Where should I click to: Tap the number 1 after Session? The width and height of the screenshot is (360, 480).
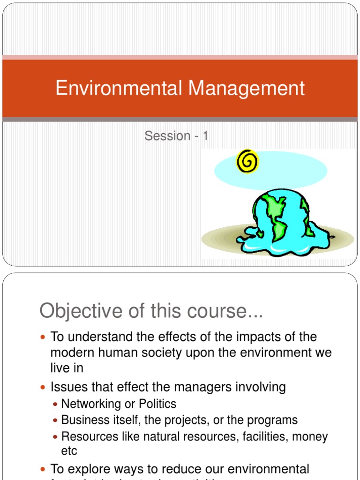click(x=205, y=136)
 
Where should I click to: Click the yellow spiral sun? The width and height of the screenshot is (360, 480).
click(x=247, y=162)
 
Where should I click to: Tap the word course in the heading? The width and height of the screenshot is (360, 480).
click(x=227, y=311)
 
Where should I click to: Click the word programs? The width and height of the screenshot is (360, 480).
click(x=274, y=420)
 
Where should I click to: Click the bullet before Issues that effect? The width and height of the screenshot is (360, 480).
click(x=44, y=388)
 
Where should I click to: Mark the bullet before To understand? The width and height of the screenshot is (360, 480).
click(x=44, y=337)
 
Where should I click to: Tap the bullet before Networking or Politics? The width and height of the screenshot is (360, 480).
click(x=56, y=404)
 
